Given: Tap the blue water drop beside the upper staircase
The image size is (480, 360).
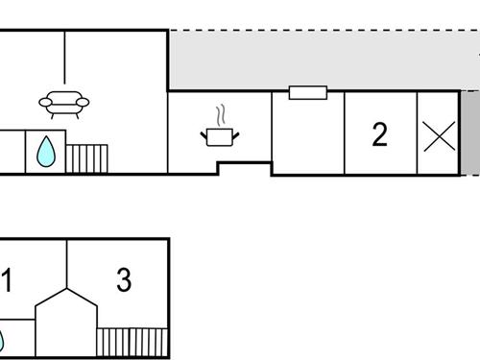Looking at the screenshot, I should [x=45, y=151].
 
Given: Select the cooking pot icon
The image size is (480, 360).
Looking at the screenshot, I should [x=221, y=136].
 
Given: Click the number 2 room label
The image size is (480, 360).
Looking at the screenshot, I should [x=379, y=135].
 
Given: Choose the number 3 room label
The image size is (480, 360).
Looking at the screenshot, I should [x=123, y=280].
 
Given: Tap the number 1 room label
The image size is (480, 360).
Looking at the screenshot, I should [x=7, y=281].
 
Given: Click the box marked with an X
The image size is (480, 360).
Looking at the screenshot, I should [x=439, y=135].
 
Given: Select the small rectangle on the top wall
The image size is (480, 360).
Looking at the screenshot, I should [x=308, y=93].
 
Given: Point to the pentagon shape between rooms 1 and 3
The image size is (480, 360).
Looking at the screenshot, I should [x=66, y=322].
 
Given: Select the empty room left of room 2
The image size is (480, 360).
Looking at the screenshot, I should [x=308, y=135].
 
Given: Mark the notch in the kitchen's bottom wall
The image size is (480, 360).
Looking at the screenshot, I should [x=244, y=169].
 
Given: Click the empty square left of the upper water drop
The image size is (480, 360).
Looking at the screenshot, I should [x=12, y=152].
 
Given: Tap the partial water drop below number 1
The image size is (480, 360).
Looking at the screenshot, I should [x=2, y=341].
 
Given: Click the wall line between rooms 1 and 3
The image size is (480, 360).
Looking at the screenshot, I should [x=67, y=263].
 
